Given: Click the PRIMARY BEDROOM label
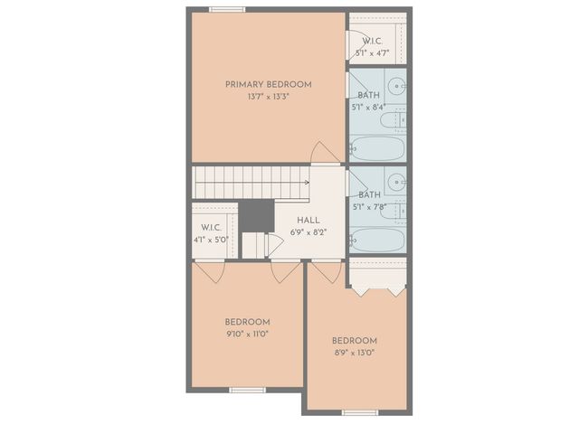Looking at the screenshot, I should click(x=269, y=84).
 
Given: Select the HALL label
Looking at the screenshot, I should click(x=308, y=220).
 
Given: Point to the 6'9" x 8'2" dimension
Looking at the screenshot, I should click(x=308, y=231).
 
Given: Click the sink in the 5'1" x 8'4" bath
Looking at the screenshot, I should click(x=396, y=90).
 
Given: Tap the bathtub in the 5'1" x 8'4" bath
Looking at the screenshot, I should click(x=377, y=147).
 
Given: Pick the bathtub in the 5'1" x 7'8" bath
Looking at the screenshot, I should click(x=377, y=240).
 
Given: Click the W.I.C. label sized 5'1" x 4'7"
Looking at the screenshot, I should click(x=373, y=42).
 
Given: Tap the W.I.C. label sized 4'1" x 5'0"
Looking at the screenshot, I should click(x=211, y=228).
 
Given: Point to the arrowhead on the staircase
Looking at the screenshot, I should click(x=306, y=182).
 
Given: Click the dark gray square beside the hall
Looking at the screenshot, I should click(x=257, y=215).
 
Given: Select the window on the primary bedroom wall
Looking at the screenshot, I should click(x=227, y=10).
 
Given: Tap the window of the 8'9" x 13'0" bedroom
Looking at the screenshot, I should click(x=359, y=412).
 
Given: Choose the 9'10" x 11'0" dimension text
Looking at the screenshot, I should click(x=247, y=334).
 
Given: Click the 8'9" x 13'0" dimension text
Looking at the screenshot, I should click(x=355, y=353).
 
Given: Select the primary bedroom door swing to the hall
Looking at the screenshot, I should click(x=323, y=152).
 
